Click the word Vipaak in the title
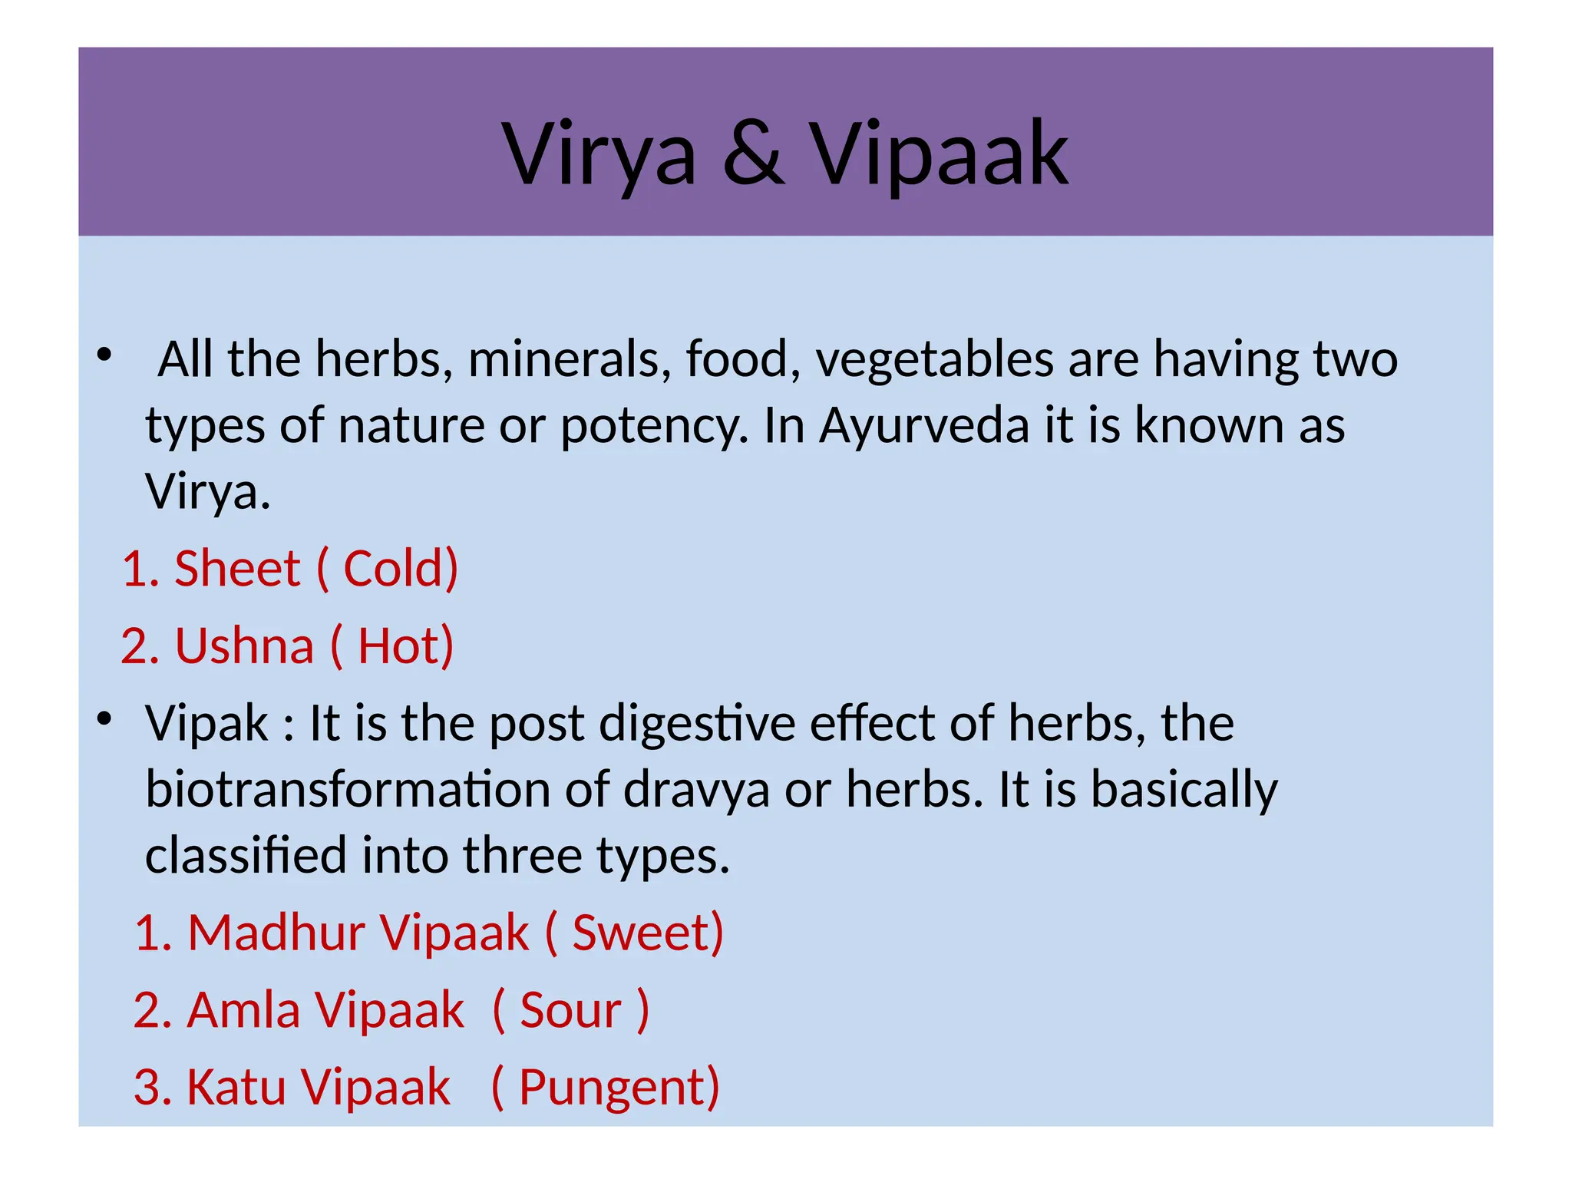pos(939,155)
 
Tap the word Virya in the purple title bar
pos(599,155)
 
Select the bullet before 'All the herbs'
pos(104,355)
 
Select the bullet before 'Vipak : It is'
pos(104,719)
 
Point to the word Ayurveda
pos(923,426)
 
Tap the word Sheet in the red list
pos(237,570)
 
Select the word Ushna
pos(244,646)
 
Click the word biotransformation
pos(348,790)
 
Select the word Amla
pos(243,1011)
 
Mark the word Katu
pos(236,1088)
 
